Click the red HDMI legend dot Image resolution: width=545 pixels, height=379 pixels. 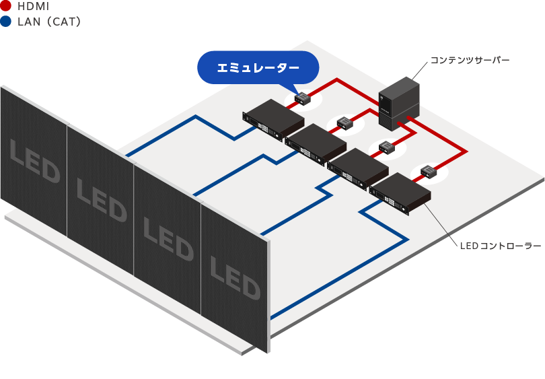point(6,6)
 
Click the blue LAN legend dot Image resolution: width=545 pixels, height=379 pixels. point(6,22)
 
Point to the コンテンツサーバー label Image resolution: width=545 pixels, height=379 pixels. point(469,61)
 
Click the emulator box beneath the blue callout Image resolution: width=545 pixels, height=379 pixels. point(301,99)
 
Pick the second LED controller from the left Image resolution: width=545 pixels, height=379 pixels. point(316,142)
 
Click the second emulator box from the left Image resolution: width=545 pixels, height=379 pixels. point(345,122)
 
